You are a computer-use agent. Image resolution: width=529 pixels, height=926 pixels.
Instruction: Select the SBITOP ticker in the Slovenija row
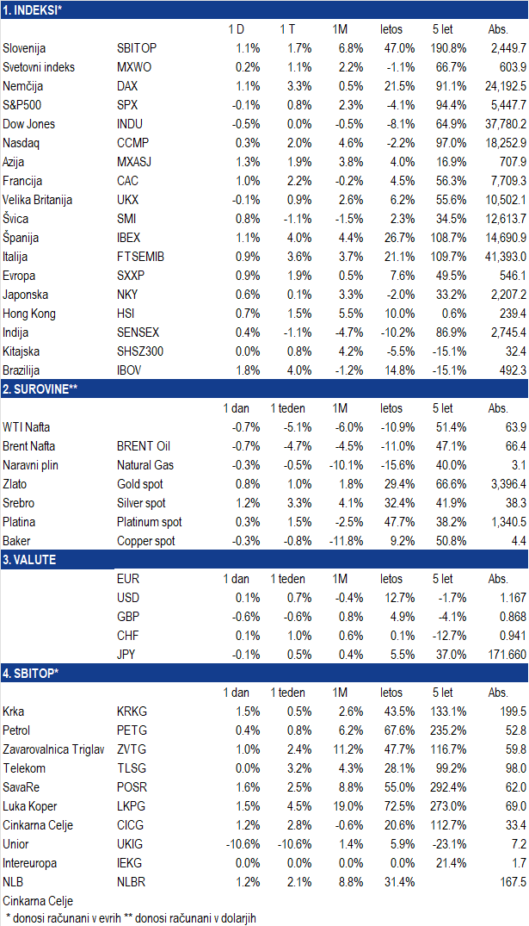[137, 48]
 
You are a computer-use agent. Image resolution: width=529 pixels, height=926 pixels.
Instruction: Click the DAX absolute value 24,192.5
[506, 86]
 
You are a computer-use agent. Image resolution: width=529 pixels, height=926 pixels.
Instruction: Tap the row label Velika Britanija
[37, 200]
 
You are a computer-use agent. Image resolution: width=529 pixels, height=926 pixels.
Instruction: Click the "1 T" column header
[288, 29]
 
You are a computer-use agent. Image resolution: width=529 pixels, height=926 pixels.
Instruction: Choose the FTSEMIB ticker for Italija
[140, 257]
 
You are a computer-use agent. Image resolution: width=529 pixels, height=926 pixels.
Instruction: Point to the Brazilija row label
[22, 370]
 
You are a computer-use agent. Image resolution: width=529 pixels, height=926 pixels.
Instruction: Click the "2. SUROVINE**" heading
[40, 389]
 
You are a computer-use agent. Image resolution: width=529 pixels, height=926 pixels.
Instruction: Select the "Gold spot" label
[139, 484]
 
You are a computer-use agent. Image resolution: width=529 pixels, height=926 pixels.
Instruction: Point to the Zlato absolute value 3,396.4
[508, 484]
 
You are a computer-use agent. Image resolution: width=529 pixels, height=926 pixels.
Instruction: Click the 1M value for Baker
[346, 541]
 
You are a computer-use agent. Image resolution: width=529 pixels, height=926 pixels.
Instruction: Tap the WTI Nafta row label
[26, 427]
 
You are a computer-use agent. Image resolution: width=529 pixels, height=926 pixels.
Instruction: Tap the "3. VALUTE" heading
[29, 560]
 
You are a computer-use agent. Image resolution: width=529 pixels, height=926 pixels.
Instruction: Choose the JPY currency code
[127, 655]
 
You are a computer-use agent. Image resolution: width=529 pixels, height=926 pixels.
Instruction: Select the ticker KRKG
[132, 712]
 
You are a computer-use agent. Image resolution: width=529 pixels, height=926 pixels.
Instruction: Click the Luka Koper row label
[29, 806]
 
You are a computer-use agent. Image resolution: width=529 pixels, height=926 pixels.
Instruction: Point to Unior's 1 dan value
[243, 844]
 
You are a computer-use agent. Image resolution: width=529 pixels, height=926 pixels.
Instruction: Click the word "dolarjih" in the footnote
[235, 918]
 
